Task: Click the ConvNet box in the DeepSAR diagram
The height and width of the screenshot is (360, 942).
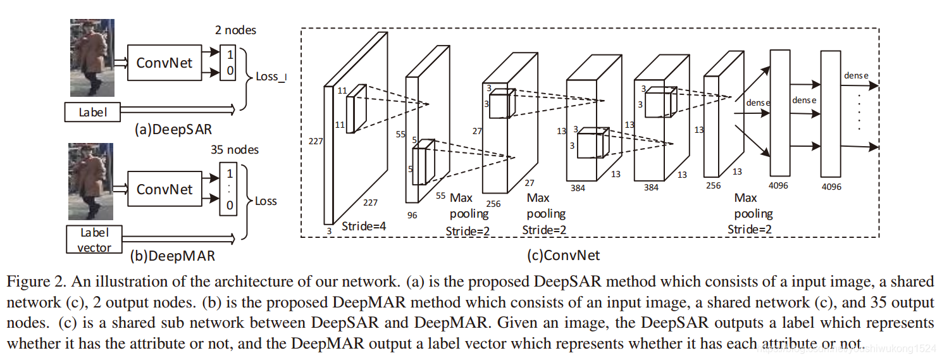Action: click(164, 63)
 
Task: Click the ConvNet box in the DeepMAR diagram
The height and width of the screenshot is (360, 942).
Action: click(164, 189)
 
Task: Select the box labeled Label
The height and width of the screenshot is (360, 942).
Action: click(92, 113)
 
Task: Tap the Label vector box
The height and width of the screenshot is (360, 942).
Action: click(94, 240)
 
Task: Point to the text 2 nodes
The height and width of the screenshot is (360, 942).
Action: click(235, 30)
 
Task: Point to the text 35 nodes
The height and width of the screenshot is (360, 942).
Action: click(235, 150)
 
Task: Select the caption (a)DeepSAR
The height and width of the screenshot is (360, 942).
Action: click(173, 130)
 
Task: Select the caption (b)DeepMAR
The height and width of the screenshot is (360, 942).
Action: click(172, 256)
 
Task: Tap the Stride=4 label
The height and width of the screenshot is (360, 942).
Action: click(364, 226)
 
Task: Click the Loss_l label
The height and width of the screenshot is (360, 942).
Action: click(271, 77)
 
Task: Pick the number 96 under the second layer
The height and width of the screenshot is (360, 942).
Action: click(412, 215)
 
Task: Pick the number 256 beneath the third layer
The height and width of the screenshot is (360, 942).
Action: click(493, 204)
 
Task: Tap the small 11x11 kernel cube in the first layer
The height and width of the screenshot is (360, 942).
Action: click(356, 108)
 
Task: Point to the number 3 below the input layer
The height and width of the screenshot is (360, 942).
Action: click(329, 232)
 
